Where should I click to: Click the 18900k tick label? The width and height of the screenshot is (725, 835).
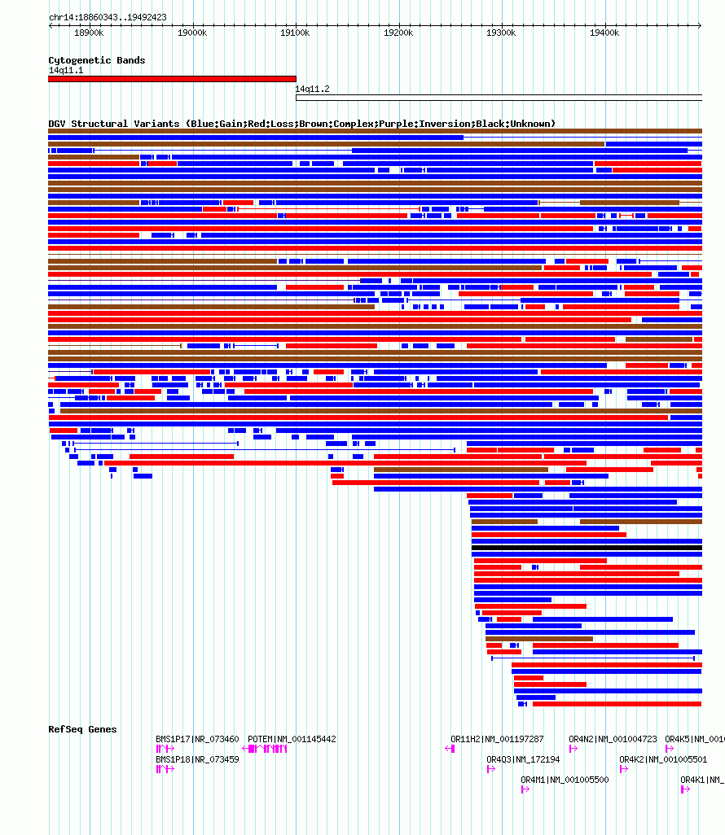(x=89, y=33)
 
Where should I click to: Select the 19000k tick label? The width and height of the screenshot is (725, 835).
(x=191, y=33)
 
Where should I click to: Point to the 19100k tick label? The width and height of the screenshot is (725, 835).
(x=295, y=33)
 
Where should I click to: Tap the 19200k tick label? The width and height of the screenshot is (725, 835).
(x=398, y=33)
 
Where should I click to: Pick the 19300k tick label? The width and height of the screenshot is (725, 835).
(x=501, y=33)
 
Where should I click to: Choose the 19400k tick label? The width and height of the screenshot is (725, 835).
(x=604, y=33)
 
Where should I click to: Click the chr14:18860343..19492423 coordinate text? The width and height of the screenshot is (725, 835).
(x=108, y=17)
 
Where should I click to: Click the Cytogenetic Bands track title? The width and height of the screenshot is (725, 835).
(x=96, y=60)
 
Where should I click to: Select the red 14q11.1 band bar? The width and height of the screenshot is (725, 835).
(x=172, y=79)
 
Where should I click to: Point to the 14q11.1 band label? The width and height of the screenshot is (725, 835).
(x=65, y=71)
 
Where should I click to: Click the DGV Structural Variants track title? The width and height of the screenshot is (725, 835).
(x=301, y=124)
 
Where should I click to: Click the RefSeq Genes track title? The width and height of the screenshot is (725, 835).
(x=82, y=729)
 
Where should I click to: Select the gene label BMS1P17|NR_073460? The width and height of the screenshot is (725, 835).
(x=197, y=739)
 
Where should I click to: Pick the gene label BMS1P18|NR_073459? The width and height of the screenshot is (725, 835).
(x=197, y=759)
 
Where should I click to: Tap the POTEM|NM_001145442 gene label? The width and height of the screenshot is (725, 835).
(x=292, y=739)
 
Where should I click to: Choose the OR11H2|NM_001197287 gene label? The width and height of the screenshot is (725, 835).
(x=497, y=739)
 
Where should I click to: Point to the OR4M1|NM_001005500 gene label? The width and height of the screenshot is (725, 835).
(x=565, y=780)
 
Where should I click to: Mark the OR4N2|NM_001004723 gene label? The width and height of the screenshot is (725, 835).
(x=613, y=739)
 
